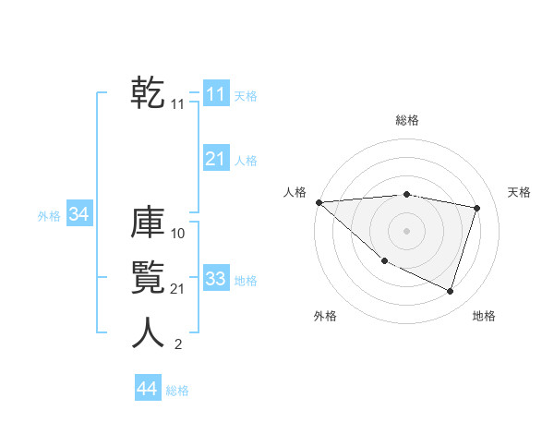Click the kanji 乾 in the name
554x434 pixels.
point(148,92)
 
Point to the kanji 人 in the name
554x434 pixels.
point(148,332)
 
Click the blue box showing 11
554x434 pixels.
point(215,93)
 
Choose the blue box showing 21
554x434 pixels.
point(215,159)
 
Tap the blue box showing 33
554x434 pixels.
point(215,278)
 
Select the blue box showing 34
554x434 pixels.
point(78,214)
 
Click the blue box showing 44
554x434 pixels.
point(147,389)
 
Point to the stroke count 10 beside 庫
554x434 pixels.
point(178,234)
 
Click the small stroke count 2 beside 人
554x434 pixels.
point(178,344)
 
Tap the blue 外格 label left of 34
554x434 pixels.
point(49,216)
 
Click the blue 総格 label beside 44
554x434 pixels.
point(177,391)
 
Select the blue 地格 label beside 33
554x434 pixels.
point(246,281)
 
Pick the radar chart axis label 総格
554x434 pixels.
point(407,120)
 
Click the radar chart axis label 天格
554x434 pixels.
point(520,192)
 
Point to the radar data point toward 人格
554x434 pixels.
point(319,202)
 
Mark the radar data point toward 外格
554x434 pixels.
point(385,260)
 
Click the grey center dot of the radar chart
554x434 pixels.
point(407,231)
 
